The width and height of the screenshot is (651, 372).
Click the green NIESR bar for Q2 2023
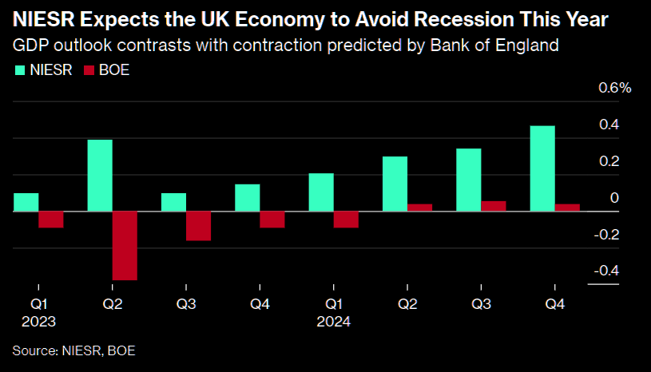click(x=100, y=176)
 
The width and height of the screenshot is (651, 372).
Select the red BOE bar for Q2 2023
click(x=125, y=246)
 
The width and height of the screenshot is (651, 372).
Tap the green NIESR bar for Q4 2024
click(x=542, y=168)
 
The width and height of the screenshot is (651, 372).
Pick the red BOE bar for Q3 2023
click(x=198, y=226)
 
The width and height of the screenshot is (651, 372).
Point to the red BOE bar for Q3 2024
click(x=494, y=206)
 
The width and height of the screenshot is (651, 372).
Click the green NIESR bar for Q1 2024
click(x=321, y=192)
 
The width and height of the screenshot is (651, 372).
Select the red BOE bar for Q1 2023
click(x=51, y=220)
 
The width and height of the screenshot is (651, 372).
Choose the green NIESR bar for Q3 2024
click(x=469, y=180)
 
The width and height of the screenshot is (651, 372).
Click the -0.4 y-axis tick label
click(x=606, y=271)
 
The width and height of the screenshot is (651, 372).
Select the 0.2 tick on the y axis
click(x=609, y=161)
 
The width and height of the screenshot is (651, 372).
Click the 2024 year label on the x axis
click(x=334, y=322)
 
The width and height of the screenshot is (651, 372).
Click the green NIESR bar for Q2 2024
click(x=395, y=184)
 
